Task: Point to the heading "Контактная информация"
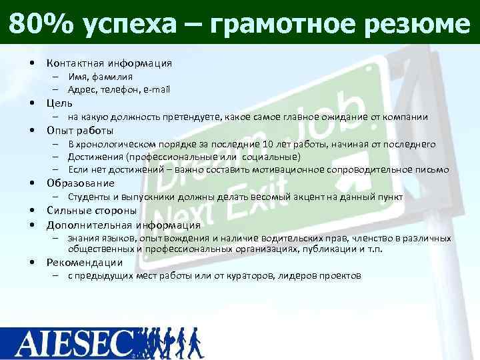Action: click(109, 63)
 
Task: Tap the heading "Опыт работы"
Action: click(80, 130)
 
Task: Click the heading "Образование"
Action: click(80, 183)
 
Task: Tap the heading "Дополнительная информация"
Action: click(123, 225)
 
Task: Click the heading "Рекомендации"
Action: click(85, 262)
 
